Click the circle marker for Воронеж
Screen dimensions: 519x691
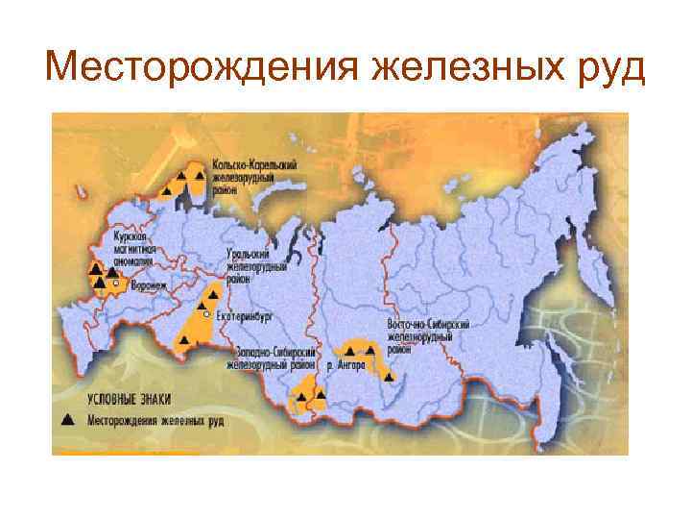[115, 284]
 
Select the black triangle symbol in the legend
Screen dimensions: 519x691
[67, 420]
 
